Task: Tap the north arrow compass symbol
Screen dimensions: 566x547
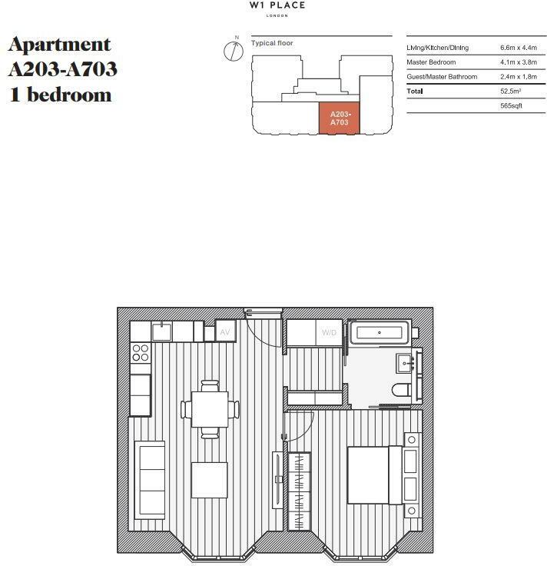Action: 234,51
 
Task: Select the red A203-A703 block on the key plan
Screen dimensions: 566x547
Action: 340,118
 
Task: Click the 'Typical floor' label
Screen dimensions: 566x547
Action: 272,44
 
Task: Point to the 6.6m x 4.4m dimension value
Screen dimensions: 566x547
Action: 518,48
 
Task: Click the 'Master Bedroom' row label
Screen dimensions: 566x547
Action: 431,62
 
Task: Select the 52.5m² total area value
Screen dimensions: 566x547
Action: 510,92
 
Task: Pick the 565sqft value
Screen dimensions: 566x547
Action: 511,105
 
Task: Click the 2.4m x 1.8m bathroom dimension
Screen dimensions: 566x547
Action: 518,77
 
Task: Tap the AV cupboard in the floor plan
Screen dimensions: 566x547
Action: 225,331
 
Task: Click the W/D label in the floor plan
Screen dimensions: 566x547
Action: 329,333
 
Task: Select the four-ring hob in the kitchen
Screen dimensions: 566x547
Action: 141,353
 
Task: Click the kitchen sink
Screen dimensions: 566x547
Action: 161,331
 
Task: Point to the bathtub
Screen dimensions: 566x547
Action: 380,334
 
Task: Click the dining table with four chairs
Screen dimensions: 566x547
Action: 210,409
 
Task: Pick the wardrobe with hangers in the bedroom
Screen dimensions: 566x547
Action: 299,491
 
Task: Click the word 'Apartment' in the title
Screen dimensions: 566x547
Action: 59,45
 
